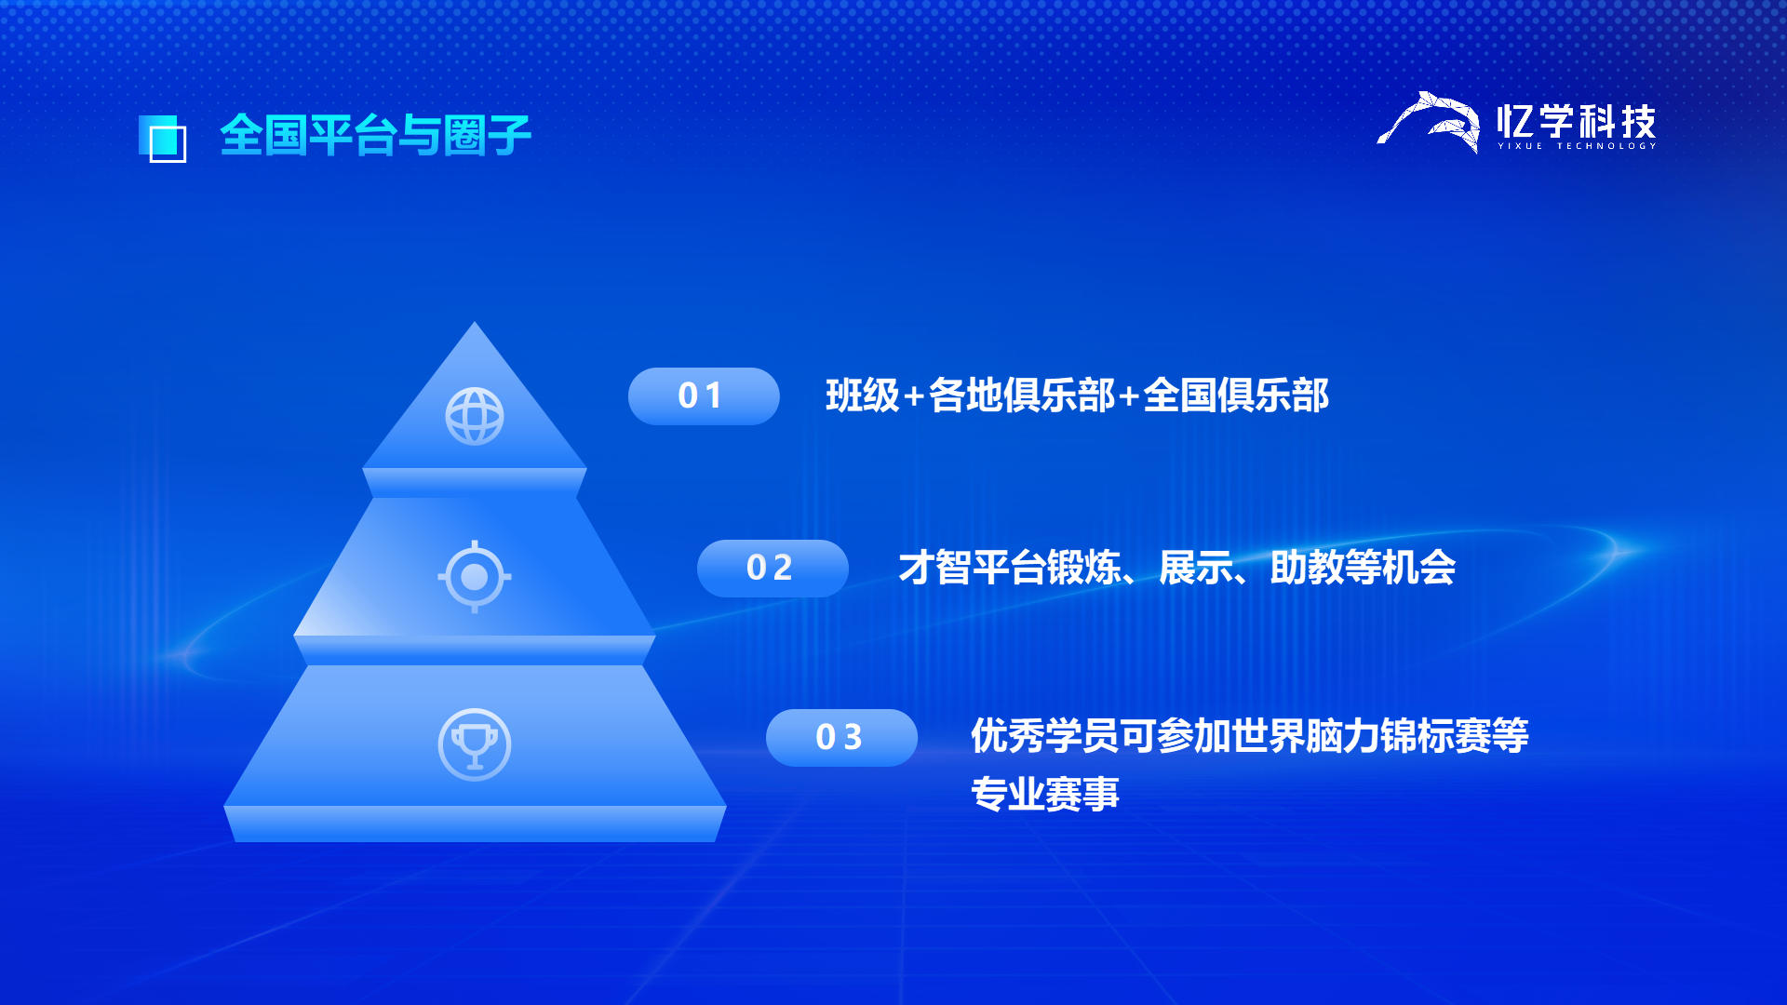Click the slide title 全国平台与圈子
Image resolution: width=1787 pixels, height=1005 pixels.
pos(375,136)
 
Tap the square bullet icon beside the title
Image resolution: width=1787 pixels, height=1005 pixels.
pos(162,139)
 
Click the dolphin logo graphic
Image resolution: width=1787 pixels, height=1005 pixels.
pos(1429,122)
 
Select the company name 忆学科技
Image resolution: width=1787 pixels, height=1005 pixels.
pos(1577,121)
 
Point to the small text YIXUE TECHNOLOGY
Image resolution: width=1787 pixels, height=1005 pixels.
pos(1577,146)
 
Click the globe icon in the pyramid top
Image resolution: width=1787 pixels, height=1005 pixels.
pos(475,416)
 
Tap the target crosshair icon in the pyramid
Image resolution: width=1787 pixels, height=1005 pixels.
pos(475,577)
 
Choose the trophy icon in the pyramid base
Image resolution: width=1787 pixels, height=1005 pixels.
pos(475,744)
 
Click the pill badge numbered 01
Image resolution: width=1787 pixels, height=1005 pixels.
pos(704,396)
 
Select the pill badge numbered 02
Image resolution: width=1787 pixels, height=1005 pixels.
pos(773,569)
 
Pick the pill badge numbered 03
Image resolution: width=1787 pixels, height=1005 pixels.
pos(841,738)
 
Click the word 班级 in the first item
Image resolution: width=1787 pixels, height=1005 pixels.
pos(863,395)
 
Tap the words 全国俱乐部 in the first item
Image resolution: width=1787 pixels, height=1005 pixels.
pos(1236,395)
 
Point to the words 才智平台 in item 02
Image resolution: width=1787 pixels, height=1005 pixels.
pos(973,568)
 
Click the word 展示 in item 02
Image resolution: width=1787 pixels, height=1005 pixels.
pos(1196,568)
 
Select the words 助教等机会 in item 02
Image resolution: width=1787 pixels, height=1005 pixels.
pos(1364,568)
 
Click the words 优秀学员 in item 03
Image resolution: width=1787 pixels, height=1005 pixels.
pos(1045,736)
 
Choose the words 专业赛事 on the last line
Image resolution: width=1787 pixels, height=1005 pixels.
pos(1045,794)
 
